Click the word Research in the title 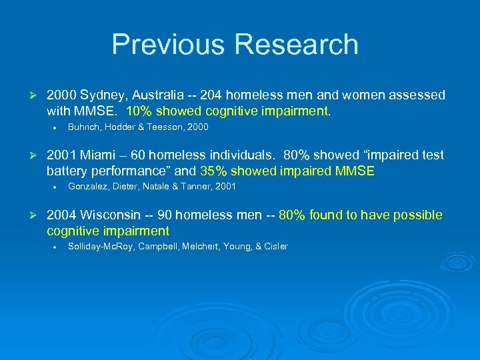(x=297, y=45)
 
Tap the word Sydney (x=102, y=95)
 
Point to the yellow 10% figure (x=139, y=111)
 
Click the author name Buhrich (x=84, y=127)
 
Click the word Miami (x=97, y=155)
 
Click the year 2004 (x=62, y=215)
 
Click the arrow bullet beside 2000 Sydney (x=29, y=95)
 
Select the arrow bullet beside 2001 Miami (x=29, y=155)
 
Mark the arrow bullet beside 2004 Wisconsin (x=29, y=215)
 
